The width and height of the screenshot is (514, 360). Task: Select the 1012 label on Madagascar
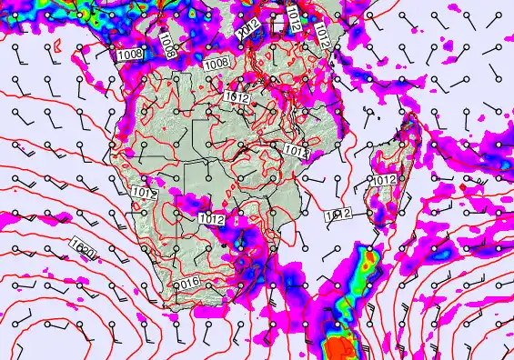384,180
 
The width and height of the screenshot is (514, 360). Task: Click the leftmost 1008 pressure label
130,55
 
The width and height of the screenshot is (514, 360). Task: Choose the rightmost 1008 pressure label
217,64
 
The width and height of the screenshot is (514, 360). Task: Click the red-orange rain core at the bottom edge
340,347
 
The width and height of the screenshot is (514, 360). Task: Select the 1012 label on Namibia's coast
144,193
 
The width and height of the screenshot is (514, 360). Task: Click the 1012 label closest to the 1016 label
211,219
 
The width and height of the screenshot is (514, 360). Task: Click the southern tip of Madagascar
374,221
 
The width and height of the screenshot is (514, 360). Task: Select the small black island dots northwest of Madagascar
364,113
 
